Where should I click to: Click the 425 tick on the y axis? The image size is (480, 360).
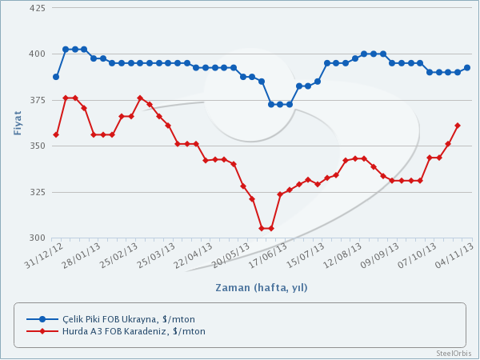pyautogui.click(x=38, y=8)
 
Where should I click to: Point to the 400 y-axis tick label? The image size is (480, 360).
pyautogui.click(x=38, y=54)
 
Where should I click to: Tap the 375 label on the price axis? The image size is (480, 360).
pyautogui.click(x=38, y=100)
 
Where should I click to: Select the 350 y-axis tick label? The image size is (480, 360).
pyautogui.click(x=38, y=146)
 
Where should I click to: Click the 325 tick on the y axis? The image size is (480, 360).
pyautogui.click(x=38, y=192)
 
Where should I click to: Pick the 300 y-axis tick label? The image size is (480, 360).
pyautogui.click(x=38, y=238)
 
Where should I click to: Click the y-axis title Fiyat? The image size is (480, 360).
pyautogui.click(x=18, y=122)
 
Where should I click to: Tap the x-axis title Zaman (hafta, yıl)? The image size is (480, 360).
pyautogui.click(x=262, y=287)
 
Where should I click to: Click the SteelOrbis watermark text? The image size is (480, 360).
pyautogui.click(x=453, y=353)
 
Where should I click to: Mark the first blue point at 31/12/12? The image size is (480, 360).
pyautogui.click(x=56, y=77)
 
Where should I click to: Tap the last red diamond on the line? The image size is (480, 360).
pyautogui.click(x=458, y=126)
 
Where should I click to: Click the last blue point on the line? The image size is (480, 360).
pyautogui.click(x=467, y=68)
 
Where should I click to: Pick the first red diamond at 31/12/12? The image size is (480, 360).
pyautogui.click(x=56, y=134)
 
